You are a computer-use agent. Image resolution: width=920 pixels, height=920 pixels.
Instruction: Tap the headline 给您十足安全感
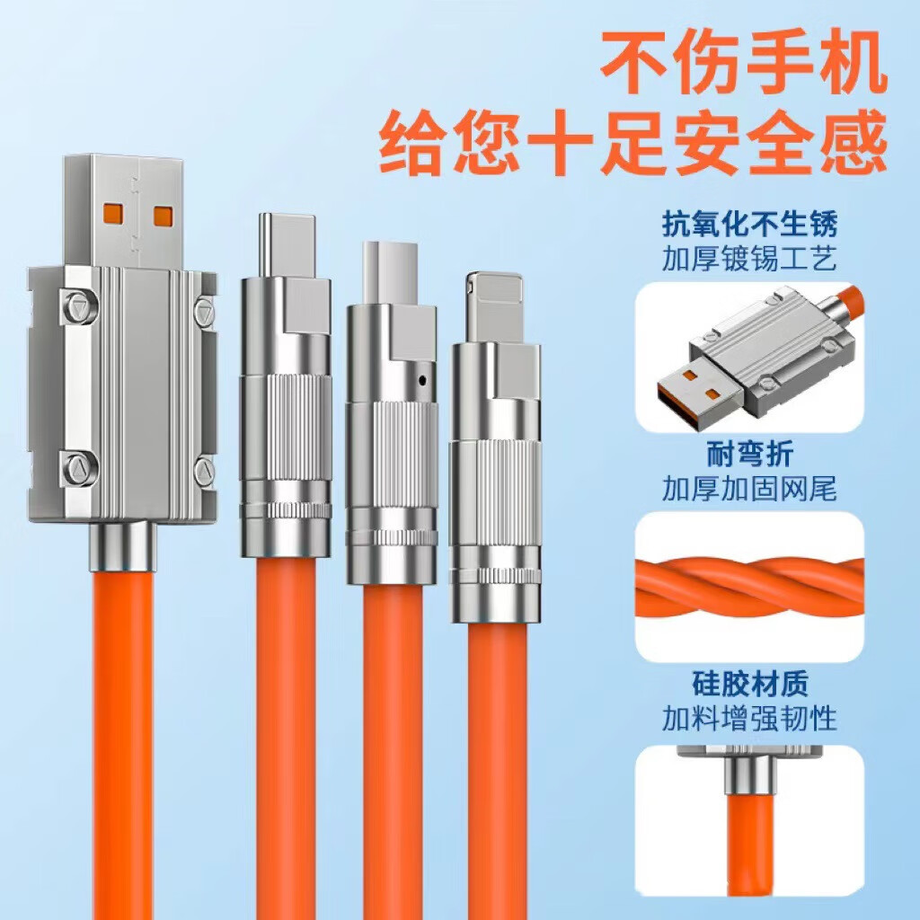633,142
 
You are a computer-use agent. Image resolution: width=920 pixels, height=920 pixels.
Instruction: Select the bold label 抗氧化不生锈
749,223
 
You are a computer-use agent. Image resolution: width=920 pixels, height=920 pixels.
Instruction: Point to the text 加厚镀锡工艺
749,260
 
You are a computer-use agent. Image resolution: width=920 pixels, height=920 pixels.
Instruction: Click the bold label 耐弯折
749,455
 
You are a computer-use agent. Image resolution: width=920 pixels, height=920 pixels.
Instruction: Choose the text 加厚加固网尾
749,490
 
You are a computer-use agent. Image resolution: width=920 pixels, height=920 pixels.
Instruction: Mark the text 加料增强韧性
749,719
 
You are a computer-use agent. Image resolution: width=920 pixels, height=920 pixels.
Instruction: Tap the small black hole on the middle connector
420,382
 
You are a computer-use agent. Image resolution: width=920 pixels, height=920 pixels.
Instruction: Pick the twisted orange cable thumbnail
749,586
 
